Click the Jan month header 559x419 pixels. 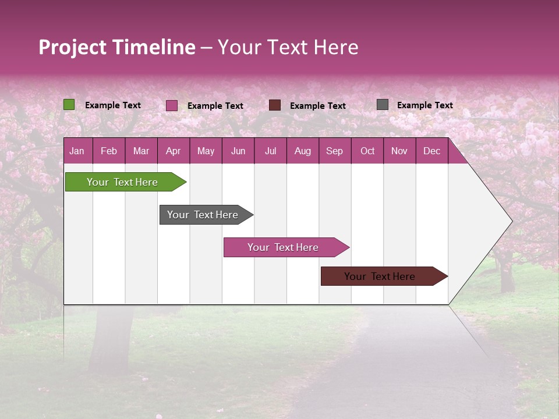coord(77,151)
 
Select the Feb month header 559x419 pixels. coord(109,151)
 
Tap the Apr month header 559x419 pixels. coord(174,151)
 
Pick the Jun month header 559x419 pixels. coord(238,151)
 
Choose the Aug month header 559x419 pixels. coord(303,151)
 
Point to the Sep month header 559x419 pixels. coord(335,151)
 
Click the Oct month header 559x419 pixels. coord(367,151)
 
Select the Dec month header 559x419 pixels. coord(432,151)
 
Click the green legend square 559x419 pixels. coord(69,105)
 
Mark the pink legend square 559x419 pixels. coord(172,105)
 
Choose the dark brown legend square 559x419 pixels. coord(275,105)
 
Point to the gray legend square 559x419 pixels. coord(383,105)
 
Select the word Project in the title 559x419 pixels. coord(73,47)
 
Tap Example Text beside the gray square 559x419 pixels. coord(424,105)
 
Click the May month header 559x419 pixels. coord(206,151)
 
